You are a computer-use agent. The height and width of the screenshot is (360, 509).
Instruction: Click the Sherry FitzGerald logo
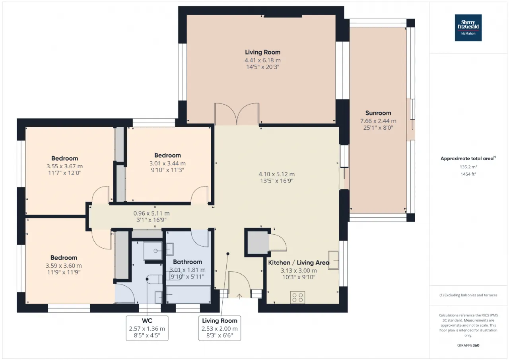click(468, 28)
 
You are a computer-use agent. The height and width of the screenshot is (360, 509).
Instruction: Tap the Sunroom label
click(378, 113)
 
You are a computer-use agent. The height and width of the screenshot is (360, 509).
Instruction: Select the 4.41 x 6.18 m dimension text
click(262, 60)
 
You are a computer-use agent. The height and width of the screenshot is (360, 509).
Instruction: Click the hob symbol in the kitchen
click(298, 297)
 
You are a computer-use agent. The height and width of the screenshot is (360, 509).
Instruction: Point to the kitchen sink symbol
click(333, 260)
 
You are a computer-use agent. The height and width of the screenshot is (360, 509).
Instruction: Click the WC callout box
click(147, 328)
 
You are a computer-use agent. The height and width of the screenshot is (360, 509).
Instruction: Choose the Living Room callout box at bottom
click(220, 328)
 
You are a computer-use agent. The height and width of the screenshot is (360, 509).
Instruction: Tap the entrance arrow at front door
click(239, 296)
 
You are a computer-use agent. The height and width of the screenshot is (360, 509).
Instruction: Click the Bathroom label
click(187, 262)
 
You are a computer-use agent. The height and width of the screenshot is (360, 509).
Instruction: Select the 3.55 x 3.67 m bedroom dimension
click(64, 166)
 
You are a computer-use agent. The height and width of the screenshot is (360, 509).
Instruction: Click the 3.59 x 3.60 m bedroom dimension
click(64, 266)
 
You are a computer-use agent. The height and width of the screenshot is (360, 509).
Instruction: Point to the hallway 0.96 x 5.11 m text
click(151, 213)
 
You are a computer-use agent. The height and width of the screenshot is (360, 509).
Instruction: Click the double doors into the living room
click(237, 115)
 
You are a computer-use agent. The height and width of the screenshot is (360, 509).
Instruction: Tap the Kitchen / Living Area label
click(298, 263)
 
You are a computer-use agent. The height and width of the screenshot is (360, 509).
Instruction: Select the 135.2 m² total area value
click(468, 167)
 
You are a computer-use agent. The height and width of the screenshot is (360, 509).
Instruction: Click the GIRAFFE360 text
click(468, 345)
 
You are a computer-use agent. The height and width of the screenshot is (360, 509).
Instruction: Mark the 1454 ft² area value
click(468, 174)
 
